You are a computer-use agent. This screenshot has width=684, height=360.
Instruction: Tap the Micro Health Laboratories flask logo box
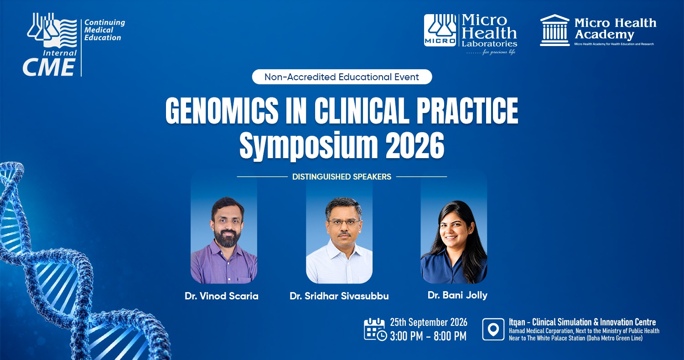click(x=440, y=30)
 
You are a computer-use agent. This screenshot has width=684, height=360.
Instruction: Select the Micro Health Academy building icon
click(x=554, y=30)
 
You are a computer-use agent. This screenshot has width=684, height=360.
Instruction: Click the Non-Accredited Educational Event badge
click(x=342, y=77)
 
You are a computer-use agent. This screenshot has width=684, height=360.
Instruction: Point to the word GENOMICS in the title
click(x=222, y=110)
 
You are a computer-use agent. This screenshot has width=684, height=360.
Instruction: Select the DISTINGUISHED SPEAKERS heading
click(x=342, y=177)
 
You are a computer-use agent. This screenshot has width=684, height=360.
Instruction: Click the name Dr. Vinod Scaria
click(x=221, y=296)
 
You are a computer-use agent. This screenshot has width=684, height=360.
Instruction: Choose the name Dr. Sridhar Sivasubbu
click(x=339, y=296)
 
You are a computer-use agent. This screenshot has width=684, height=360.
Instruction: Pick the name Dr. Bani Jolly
click(x=457, y=295)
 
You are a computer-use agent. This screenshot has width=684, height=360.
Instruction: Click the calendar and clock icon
click(x=375, y=329)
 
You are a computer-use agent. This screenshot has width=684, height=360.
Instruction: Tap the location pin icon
click(x=493, y=329)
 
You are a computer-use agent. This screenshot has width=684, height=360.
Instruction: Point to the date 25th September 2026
click(x=429, y=322)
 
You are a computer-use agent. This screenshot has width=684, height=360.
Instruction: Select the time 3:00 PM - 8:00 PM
click(x=428, y=336)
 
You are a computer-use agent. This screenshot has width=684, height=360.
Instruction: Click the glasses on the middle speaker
click(x=344, y=222)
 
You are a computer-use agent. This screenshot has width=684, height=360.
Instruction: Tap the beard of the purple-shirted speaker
click(x=226, y=239)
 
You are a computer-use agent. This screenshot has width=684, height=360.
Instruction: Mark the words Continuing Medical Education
click(x=104, y=30)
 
